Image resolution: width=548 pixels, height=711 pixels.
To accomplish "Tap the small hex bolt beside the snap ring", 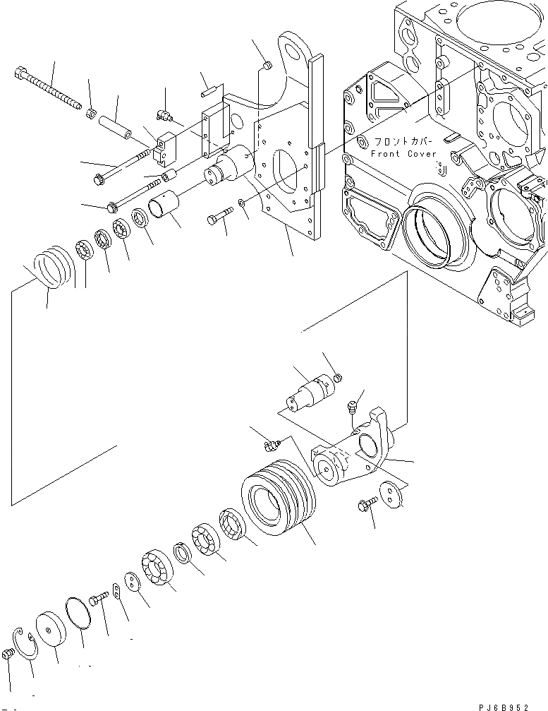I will point(8,655).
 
